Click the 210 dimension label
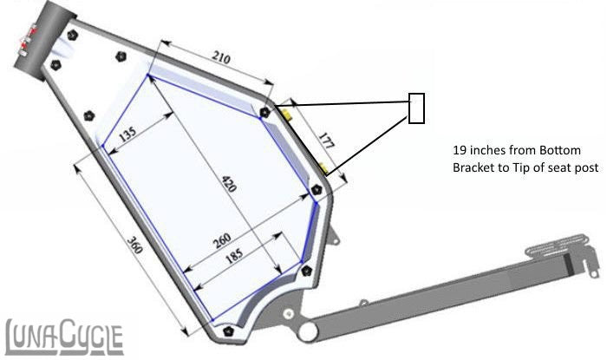point(221,59)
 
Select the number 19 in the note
point(460,149)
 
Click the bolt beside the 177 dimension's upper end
point(264,112)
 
